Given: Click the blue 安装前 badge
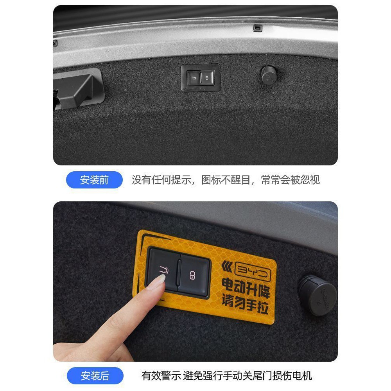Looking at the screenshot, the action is pyautogui.click(x=94, y=180).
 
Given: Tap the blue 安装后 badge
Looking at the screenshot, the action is pyautogui.click(x=95, y=375).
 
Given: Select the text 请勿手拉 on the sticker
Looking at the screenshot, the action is pyautogui.click(x=245, y=304).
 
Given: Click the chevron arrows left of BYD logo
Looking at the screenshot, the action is pyautogui.click(x=227, y=267).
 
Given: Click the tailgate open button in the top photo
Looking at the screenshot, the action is pyautogui.click(x=194, y=78).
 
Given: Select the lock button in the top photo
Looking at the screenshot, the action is pyautogui.click(x=207, y=78).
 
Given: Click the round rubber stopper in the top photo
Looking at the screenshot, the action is pyautogui.click(x=269, y=75).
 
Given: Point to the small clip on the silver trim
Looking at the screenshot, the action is pyautogui.click(x=258, y=28).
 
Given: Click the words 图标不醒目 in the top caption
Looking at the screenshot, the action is pyautogui.click(x=226, y=180).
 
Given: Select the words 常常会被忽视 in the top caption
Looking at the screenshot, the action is pyautogui.click(x=290, y=180).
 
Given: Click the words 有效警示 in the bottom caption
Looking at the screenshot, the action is pyautogui.click(x=161, y=376).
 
